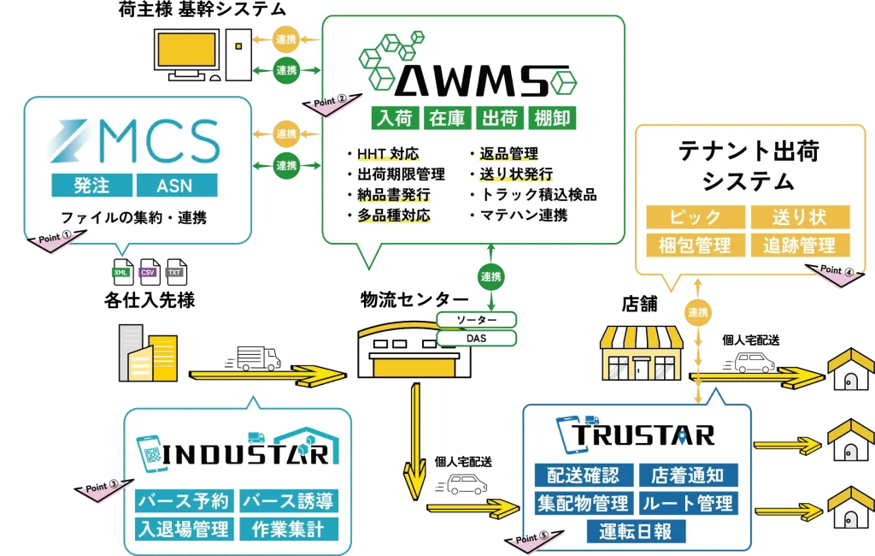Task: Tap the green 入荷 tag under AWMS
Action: coord(394,118)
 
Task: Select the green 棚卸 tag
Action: coord(553,118)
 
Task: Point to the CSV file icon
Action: coord(150,272)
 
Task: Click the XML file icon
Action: coord(123,272)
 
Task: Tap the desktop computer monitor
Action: coord(189,51)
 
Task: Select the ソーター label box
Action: coord(477,320)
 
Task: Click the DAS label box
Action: coord(477,339)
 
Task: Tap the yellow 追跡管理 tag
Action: coord(801,245)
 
